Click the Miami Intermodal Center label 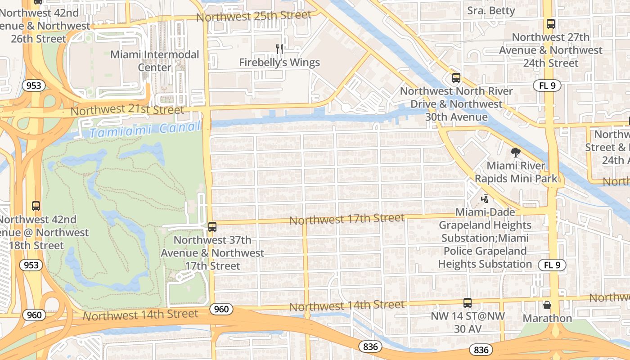pyautogui.click(x=155, y=61)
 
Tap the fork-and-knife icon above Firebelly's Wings pyautogui.click(x=279, y=49)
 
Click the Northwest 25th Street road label pyautogui.click(x=254, y=16)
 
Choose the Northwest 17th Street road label pyautogui.click(x=347, y=219)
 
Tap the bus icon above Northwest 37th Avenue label pyautogui.click(x=212, y=227)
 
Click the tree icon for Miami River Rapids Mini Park pyautogui.click(x=516, y=153)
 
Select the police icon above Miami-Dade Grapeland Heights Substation pyautogui.click(x=485, y=198)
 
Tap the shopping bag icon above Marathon pyautogui.click(x=547, y=305)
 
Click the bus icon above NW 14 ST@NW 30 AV pyautogui.click(x=468, y=303)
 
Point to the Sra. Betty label pyautogui.click(x=491, y=10)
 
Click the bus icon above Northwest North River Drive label pyautogui.click(x=456, y=78)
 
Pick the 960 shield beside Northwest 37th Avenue pyautogui.click(x=221, y=309)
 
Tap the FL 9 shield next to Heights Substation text pyautogui.click(x=552, y=265)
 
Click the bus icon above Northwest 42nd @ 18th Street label pyautogui.click(x=36, y=206)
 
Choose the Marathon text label pyautogui.click(x=547, y=318)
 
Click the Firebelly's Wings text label pyautogui.click(x=279, y=63)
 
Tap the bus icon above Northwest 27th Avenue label pyautogui.click(x=550, y=24)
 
